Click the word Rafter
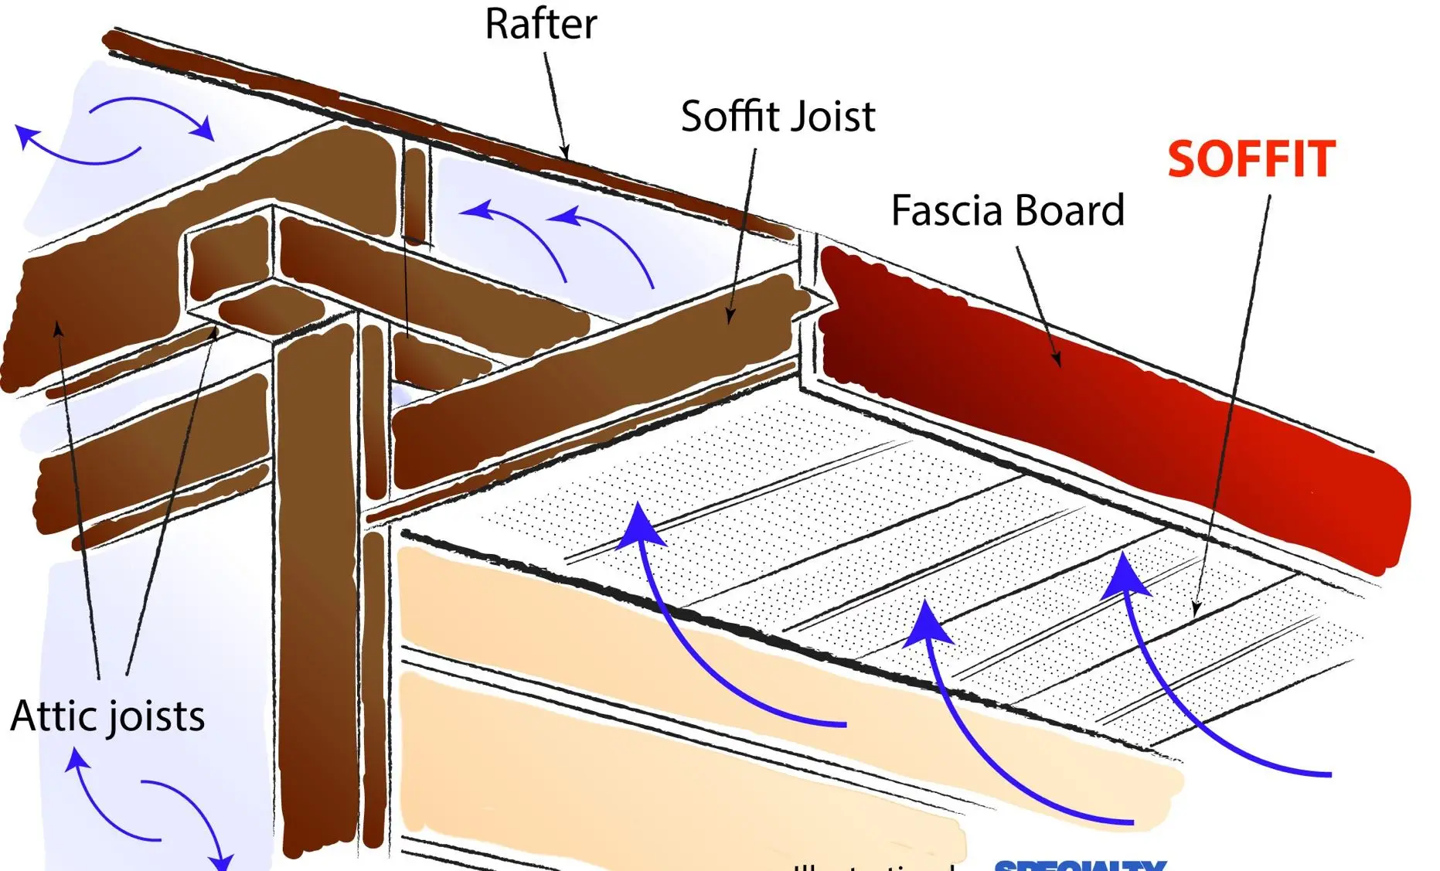[540, 25]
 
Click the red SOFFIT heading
[1251, 159]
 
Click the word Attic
[53, 716]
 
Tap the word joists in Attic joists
[156, 717]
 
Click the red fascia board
[1121, 402]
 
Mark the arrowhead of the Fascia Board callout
[1056, 359]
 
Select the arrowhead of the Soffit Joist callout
[730, 315]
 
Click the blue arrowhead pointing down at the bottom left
[222, 861]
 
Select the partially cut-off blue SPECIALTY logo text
[1080, 865]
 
